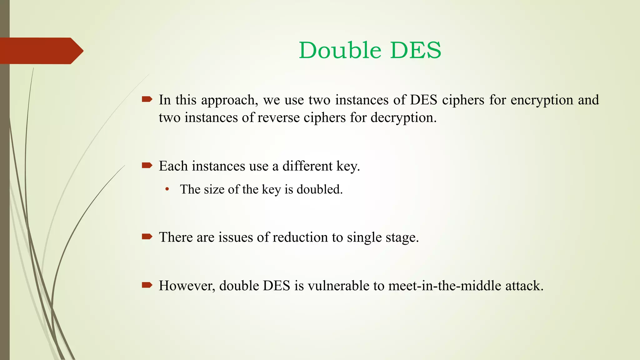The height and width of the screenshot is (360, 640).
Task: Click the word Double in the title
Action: coord(340,50)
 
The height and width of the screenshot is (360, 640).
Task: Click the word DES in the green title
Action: coord(416,50)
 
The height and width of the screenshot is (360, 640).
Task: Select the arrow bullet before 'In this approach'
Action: coord(147,100)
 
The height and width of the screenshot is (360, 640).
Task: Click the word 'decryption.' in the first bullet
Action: coord(403,118)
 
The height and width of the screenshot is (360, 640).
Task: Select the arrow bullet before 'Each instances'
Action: coord(147,165)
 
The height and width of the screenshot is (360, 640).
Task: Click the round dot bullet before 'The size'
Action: coord(167,189)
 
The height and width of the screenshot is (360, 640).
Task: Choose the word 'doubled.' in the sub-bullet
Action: coord(319,189)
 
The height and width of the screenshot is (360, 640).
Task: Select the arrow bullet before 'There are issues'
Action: coord(147,237)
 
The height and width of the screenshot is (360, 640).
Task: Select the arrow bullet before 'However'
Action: coord(147,285)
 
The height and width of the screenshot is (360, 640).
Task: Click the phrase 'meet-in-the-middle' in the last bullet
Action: coord(445,286)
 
